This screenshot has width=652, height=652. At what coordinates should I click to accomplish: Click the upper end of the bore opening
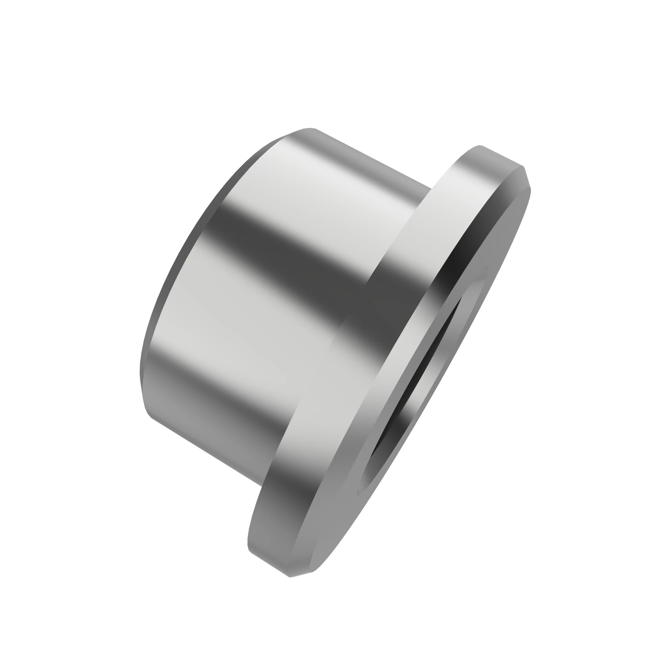[x=486, y=268]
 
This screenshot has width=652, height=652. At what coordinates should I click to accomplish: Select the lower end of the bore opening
[x=363, y=486]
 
